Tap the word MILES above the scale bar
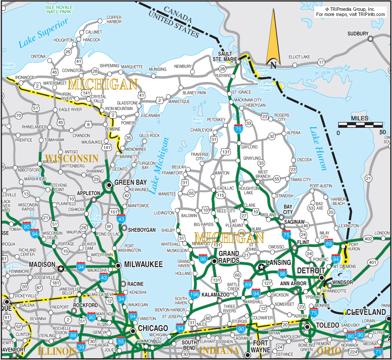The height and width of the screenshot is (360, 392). (360, 118)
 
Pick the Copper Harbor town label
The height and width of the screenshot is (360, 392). (114, 19)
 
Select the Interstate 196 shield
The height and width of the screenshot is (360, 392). (194, 295)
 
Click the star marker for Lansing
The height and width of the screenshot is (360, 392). (261, 267)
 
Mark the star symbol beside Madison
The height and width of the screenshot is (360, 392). (61, 268)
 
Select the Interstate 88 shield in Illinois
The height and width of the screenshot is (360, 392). (73, 335)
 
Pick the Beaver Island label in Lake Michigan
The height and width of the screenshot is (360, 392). (197, 120)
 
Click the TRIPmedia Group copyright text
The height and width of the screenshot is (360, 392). (350, 9)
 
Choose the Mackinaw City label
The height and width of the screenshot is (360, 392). (248, 100)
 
